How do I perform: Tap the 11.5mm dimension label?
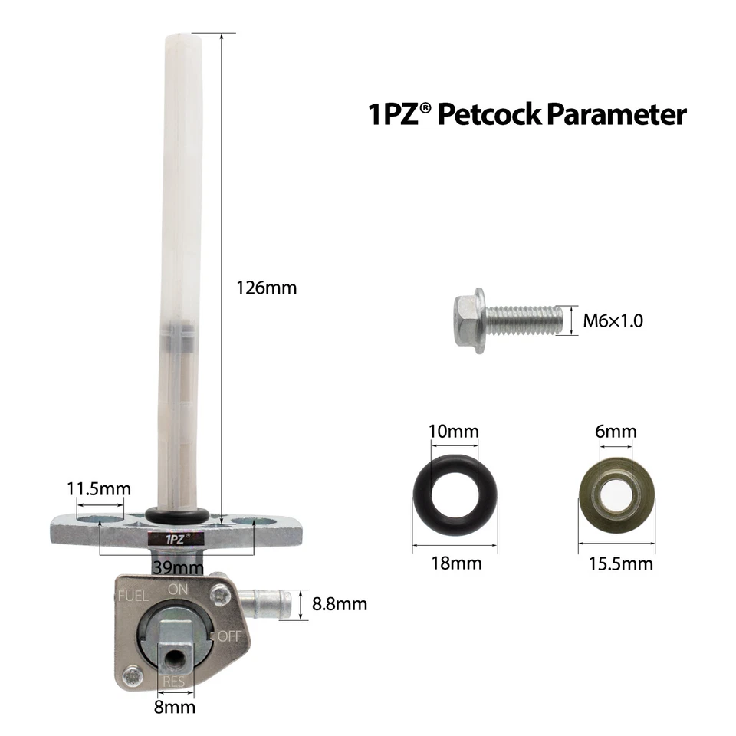(99, 488)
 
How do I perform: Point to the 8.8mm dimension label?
(340, 604)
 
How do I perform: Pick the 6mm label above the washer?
(616, 431)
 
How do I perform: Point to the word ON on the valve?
(179, 589)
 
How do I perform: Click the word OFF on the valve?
(229, 636)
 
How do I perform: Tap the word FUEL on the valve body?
(132, 595)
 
